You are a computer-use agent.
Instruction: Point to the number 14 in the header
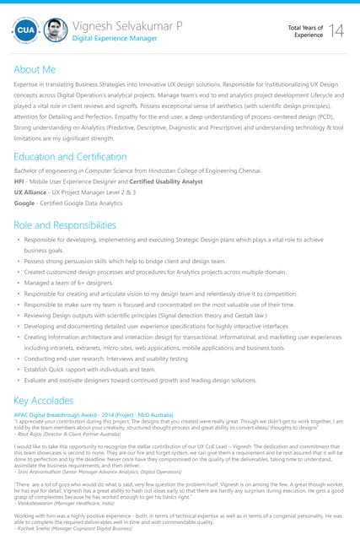(x=336, y=31)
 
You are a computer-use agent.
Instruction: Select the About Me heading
(x=35, y=69)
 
